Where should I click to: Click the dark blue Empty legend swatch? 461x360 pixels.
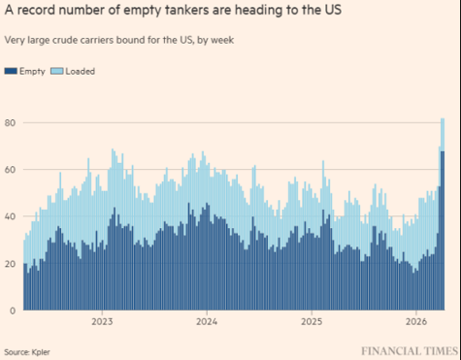[11, 71]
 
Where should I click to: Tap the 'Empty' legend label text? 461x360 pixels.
[30, 71]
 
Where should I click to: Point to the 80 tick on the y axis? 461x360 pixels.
[10, 123]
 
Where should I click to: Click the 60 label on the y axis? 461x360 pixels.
[10, 170]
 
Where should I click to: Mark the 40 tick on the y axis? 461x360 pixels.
[10, 217]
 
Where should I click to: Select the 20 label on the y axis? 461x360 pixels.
[10, 264]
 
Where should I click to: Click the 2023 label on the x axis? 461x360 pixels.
[103, 321]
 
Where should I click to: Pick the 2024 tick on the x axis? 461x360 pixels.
[207, 321]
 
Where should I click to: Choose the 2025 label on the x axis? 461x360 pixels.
[311, 321]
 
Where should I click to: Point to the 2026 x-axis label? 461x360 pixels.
[414, 321]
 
